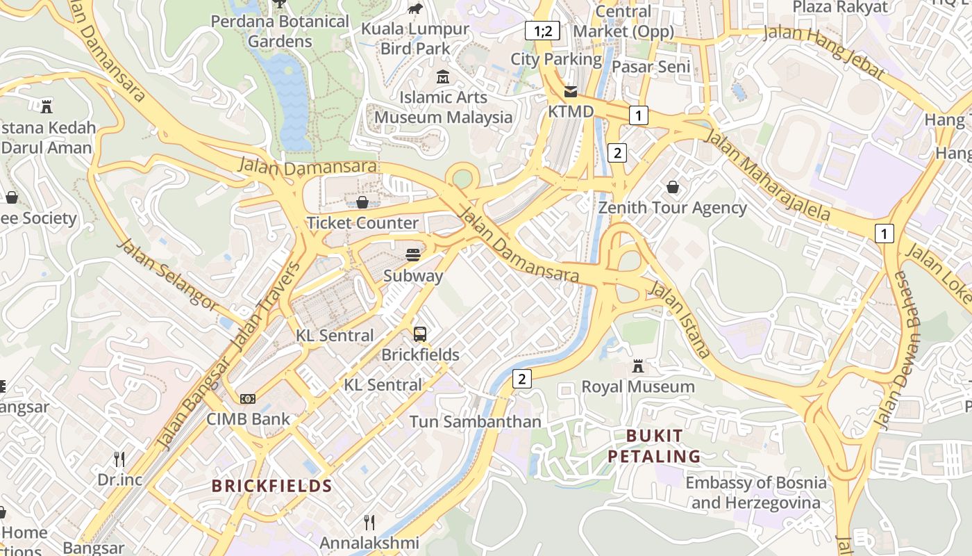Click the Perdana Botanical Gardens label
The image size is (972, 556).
[280, 31]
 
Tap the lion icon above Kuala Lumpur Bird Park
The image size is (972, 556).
[416, 8]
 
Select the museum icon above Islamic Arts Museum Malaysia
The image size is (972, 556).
[443, 77]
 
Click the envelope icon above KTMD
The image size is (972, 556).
[571, 92]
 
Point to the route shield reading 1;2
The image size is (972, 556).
[542, 31]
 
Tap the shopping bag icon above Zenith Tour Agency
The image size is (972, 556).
[672, 187]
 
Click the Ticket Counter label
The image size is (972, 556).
[362, 223]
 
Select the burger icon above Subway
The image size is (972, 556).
[413, 255]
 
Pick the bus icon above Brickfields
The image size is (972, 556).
[420, 334]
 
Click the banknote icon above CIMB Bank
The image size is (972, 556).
[248, 399]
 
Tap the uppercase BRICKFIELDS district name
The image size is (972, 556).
[272, 486]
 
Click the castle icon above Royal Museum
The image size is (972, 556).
[638, 366]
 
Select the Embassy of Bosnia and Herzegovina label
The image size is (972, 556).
[756, 493]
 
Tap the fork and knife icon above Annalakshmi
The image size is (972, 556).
[369, 522]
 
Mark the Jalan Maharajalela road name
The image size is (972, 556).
[767, 174]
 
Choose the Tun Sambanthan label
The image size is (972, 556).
[475, 422]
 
